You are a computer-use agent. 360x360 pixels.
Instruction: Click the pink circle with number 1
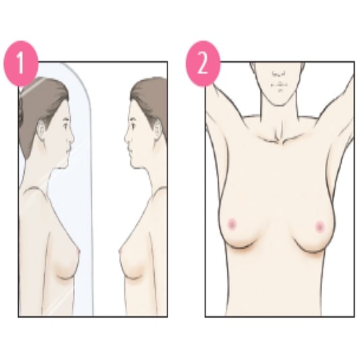(x=21, y=65)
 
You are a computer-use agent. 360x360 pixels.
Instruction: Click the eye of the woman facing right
(x=66, y=124)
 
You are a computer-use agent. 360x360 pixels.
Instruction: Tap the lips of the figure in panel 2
(x=277, y=86)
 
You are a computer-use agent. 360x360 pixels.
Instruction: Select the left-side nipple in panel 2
(x=232, y=222)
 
